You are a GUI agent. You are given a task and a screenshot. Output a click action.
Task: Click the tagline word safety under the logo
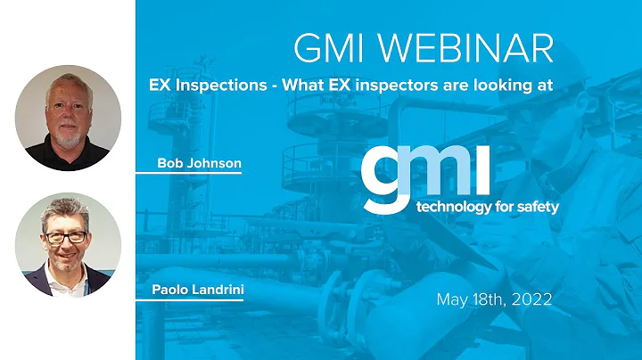(532, 208)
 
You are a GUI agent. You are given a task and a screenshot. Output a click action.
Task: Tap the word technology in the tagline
(450, 208)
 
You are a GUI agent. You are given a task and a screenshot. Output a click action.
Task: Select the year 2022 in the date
(532, 299)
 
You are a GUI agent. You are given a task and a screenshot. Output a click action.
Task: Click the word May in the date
(451, 299)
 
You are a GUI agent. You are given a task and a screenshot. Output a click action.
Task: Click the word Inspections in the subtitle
(218, 86)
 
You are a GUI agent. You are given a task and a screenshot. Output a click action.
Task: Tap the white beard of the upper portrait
(68, 131)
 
